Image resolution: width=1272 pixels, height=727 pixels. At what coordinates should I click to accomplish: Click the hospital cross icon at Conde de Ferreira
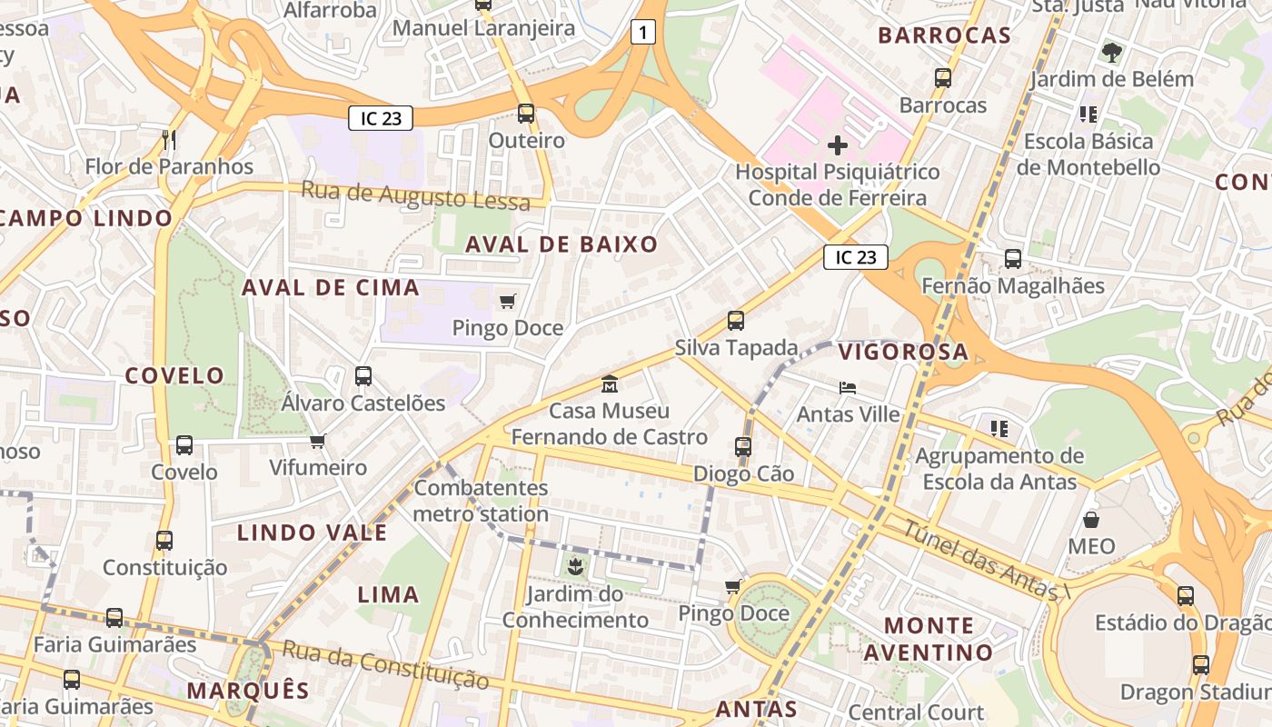click(x=838, y=144)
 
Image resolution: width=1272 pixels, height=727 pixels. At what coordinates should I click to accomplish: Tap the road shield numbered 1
click(x=643, y=34)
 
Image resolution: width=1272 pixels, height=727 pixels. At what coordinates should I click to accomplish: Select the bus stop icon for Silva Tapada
click(x=736, y=321)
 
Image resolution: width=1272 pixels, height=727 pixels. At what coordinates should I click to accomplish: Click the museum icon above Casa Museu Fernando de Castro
click(x=609, y=384)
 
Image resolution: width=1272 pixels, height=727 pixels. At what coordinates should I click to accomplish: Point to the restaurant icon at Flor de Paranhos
click(x=168, y=139)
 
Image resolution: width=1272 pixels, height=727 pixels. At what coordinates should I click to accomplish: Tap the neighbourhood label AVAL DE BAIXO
click(x=561, y=244)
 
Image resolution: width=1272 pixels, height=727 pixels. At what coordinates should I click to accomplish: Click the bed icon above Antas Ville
click(x=848, y=387)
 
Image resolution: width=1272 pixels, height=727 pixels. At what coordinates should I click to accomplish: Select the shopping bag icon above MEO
click(x=1091, y=520)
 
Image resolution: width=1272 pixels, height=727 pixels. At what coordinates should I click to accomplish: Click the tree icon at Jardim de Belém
click(x=1111, y=52)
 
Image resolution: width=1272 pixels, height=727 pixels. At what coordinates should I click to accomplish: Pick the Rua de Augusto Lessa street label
click(x=415, y=195)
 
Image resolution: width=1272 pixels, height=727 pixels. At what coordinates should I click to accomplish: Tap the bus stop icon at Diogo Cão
click(x=743, y=447)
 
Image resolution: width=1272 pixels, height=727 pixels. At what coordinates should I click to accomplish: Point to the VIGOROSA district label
click(x=903, y=352)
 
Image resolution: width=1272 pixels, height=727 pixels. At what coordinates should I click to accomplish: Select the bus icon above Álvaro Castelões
click(x=363, y=375)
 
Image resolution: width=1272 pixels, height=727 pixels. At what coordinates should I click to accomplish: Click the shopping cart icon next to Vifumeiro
click(x=317, y=442)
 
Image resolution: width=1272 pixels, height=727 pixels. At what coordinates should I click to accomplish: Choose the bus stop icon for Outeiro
click(x=526, y=114)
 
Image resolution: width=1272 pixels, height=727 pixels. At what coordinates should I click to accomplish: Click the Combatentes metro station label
click(x=481, y=501)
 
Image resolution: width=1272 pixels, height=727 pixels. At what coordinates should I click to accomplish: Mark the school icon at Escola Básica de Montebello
click(x=1088, y=115)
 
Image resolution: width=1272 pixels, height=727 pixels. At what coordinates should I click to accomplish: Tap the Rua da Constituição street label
click(x=385, y=664)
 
